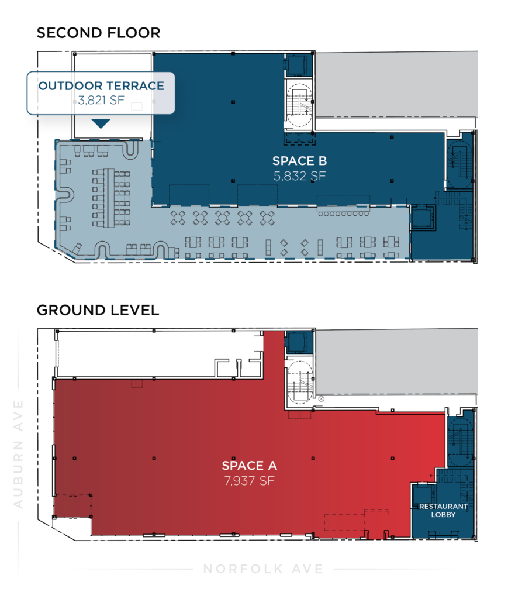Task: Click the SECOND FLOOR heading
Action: click(x=98, y=33)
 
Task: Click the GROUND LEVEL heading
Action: click(x=98, y=310)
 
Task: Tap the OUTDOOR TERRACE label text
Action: click(x=101, y=85)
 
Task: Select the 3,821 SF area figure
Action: click(x=101, y=100)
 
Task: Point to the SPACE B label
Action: click(x=300, y=161)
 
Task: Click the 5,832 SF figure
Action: click(x=300, y=175)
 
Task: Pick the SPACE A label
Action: click(x=249, y=465)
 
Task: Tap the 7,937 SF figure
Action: click(x=249, y=480)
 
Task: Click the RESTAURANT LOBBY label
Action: click(x=443, y=510)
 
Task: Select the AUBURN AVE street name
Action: click(x=18, y=454)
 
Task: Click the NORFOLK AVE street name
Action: click(x=264, y=569)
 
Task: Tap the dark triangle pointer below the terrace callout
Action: click(x=101, y=123)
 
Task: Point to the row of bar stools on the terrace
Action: click(x=344, y=214)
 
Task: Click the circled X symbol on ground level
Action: click(x=321, y=399)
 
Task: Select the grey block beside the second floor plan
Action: click(x=396, y=84)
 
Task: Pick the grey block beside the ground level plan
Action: click(x=396, y=362)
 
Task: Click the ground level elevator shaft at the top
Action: click(x=300, y=342)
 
